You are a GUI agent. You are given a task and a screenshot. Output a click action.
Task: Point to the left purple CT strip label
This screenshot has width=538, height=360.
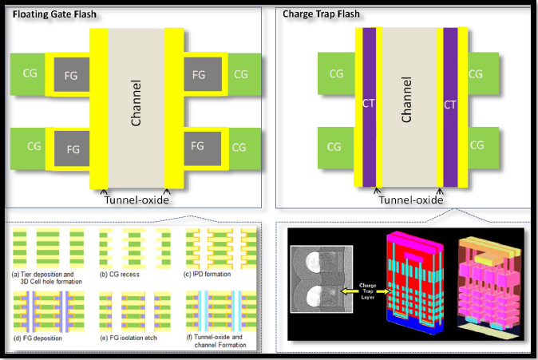[x=369, y=104]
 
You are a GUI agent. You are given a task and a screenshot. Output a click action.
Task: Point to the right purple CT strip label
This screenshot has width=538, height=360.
[x=449, y=104]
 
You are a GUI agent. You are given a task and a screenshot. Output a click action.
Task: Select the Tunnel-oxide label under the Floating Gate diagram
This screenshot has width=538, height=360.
[x=135, y=200]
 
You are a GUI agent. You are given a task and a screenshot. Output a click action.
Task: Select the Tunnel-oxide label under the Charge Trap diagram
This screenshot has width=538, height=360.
[x=410, y=200]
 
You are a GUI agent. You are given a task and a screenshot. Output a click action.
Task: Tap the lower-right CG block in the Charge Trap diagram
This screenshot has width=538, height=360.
[x=477, y=145]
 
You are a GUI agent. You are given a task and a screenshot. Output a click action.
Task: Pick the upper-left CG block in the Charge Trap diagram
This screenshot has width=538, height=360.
[x=337, y=73]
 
